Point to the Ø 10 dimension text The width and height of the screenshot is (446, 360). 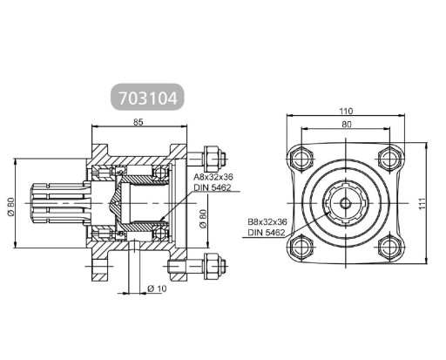click(157, 287)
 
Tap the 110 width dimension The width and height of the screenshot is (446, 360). click(346, 112)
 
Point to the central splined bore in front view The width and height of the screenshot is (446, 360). click(346, 202)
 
